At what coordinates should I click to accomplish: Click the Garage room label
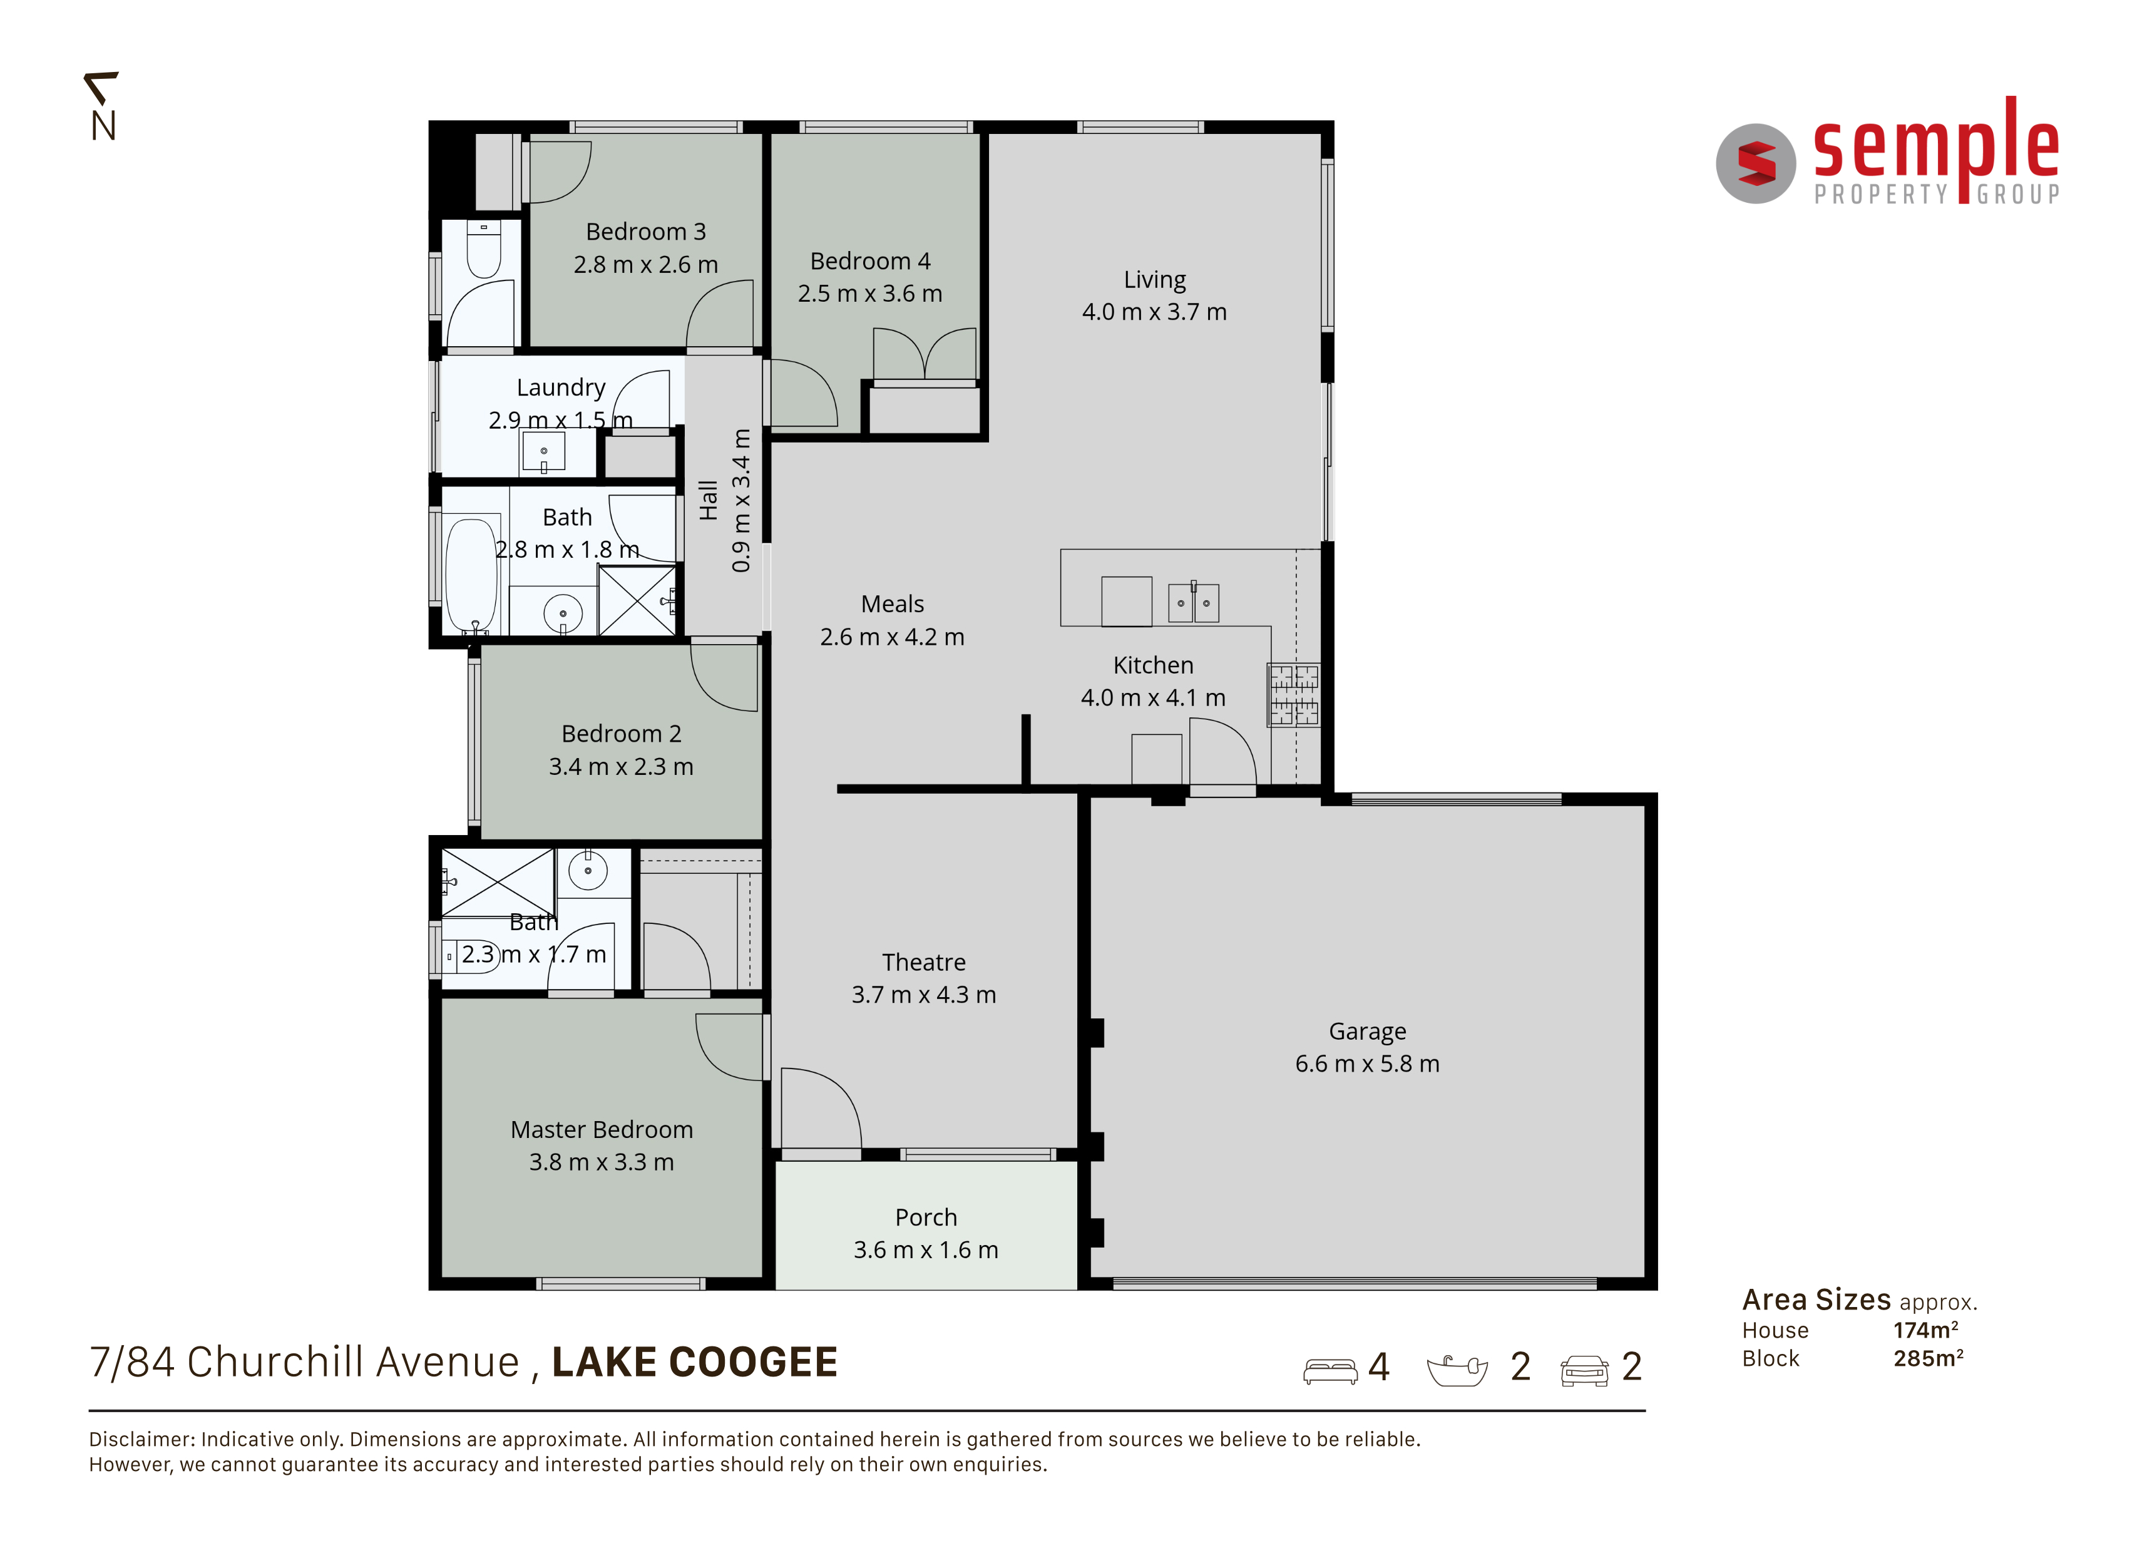[1367, 1031]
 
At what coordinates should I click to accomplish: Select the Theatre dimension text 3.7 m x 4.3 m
[923, 994]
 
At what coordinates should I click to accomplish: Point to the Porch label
[926, 1217]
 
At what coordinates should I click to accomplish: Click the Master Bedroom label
[602, 1129]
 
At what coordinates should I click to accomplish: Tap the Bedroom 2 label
[622, 734]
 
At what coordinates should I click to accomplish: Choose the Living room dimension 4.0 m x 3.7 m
[1155, 311]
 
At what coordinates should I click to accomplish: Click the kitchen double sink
[1194, 602]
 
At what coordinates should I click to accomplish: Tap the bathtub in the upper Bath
[471, 575]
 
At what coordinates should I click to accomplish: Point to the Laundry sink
[544, 451]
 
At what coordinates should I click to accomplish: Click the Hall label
[708, 500]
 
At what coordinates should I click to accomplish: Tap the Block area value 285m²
[1928, 1358]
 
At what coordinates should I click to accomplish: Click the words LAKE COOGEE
[695, 1362]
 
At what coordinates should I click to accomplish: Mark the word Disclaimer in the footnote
[142, 1439]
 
